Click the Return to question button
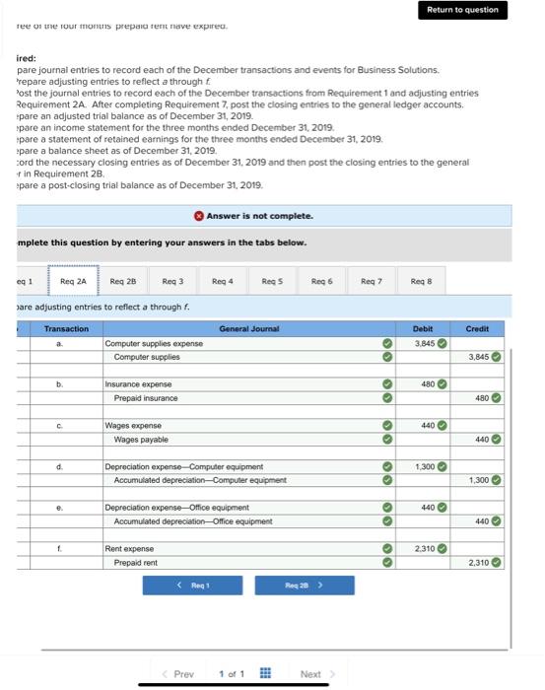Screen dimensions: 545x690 [462, 10]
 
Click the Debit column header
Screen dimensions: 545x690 [423, 328]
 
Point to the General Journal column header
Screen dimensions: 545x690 [248, 328]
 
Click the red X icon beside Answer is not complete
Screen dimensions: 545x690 [199, 215]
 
